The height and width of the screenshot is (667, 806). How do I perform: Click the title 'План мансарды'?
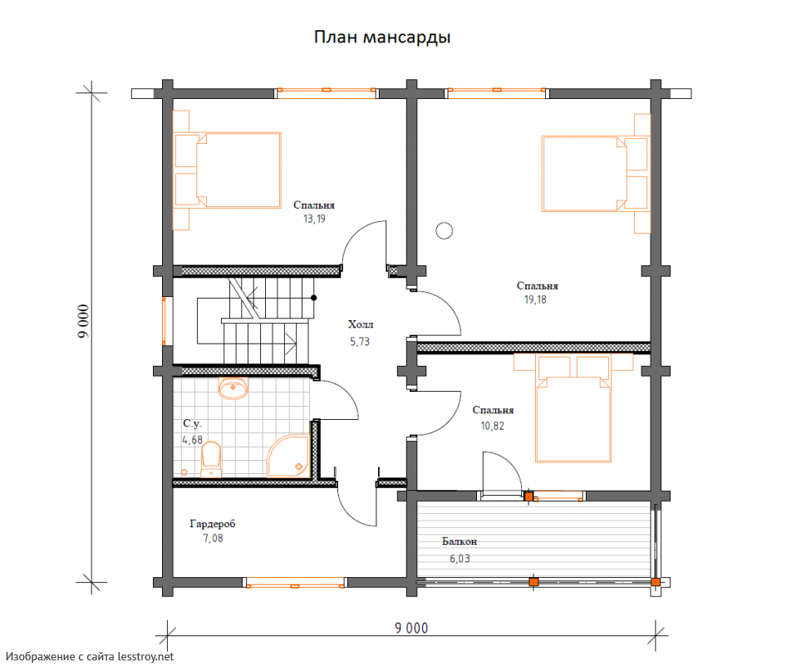382,37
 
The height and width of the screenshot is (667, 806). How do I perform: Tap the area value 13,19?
314,220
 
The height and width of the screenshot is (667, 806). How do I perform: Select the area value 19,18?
535,299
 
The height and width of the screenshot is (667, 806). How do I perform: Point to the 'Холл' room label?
361,324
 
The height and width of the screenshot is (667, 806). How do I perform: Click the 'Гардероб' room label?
212,524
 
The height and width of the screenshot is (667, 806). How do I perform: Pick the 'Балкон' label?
460,541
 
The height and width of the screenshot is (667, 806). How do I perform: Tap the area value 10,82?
493,426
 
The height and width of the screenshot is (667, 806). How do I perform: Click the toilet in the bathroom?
211,460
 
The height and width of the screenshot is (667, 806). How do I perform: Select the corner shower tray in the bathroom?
288,455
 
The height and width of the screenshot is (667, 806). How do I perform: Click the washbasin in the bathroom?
233,388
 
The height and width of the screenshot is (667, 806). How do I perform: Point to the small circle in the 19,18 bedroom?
444,230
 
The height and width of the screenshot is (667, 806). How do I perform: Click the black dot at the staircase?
313,298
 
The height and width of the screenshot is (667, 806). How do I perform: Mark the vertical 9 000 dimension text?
84,322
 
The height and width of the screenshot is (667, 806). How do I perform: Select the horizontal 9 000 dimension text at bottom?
411,629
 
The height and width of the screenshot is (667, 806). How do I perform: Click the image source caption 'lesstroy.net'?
146,657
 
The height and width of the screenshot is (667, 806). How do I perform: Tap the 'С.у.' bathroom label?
192,423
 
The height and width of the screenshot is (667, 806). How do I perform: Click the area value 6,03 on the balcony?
460,558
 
